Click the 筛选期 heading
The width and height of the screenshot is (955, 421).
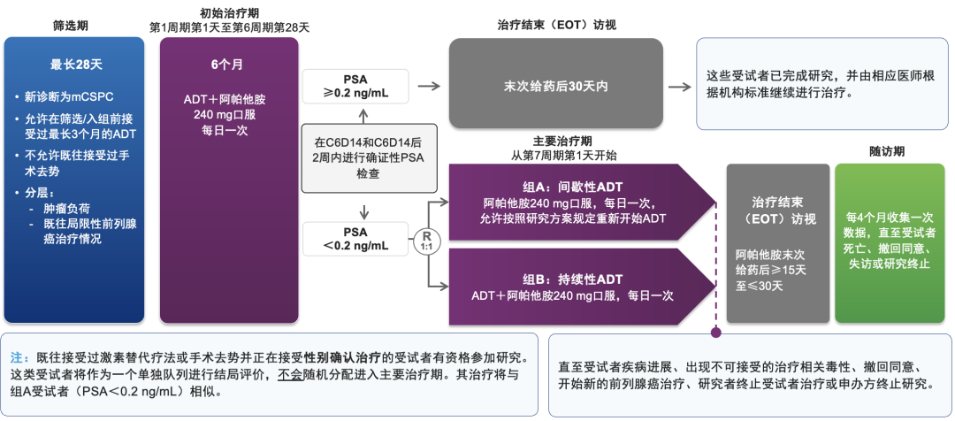click(70, 24)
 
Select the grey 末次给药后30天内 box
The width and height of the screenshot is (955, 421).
click(554, 86)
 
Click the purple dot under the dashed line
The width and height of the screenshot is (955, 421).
click(716, 333)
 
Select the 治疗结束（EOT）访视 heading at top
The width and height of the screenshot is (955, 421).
click(558, 24)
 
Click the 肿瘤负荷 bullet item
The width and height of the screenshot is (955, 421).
click(61, 209)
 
